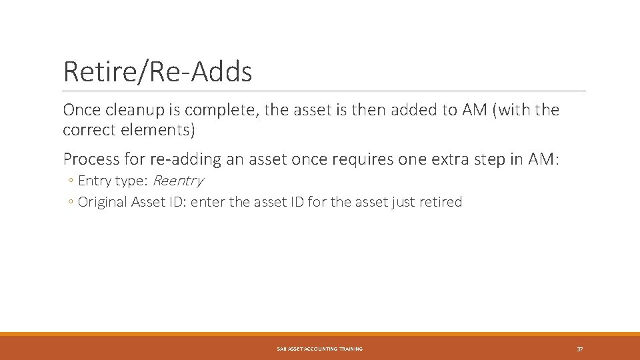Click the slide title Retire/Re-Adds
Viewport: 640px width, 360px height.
coord(157,72)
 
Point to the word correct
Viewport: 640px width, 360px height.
coord(89,129)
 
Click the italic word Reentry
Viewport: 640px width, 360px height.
coord(178,181)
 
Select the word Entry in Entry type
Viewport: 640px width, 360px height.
coord(95,181)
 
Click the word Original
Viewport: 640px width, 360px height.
coord(103,202)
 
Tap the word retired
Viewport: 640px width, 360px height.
coord(441,202)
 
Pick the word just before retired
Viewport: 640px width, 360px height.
coord(403,202)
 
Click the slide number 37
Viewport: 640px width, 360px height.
coord(580,349)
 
